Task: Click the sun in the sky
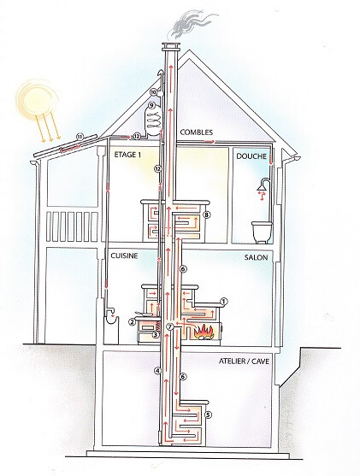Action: click(x=36, y=98)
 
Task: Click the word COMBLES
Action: click(x=197, y=132)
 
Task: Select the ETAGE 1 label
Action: click(x=127, y=155)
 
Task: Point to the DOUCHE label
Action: click(x=251, y=156)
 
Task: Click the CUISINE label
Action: click(x=124, y=256)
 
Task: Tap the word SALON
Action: click(x=256, y=257)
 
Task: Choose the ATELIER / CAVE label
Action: click(x=244, y=361)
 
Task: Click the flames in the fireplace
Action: click(x=204, y=331)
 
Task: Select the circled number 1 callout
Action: click(x=223, y=302)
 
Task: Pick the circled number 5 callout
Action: click(x=208, y=414)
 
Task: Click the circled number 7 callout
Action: click(x=170, y=327)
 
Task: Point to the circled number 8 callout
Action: click(x=207, y=215)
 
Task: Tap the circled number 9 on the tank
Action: click(x=151, y=106)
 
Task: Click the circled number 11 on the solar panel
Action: click(x=80, y=137)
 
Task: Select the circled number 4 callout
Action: click(x=157, y=370)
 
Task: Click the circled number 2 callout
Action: click(x=131, y=322)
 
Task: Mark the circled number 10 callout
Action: click(x=153, y=91)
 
